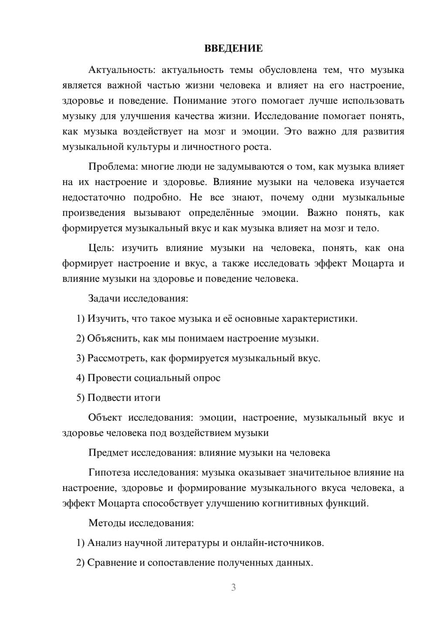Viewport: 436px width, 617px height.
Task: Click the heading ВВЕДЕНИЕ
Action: click(x=233, y=48)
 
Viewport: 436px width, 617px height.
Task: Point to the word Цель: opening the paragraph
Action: click(x=101, y=248)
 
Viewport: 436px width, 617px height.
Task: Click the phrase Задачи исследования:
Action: click(x=138, y=298)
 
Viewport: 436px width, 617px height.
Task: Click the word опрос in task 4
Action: click(x=206, y=378)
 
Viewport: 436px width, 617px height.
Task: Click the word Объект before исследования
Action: click(x=105, y=418)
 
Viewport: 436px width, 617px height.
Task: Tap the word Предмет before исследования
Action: click(x=108, y=452)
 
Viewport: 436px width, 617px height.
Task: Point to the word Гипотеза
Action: click(x=109, y=473)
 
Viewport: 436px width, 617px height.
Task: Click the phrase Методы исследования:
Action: click(x=141, y=523)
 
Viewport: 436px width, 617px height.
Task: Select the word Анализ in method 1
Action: click(x=104, y=543)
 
